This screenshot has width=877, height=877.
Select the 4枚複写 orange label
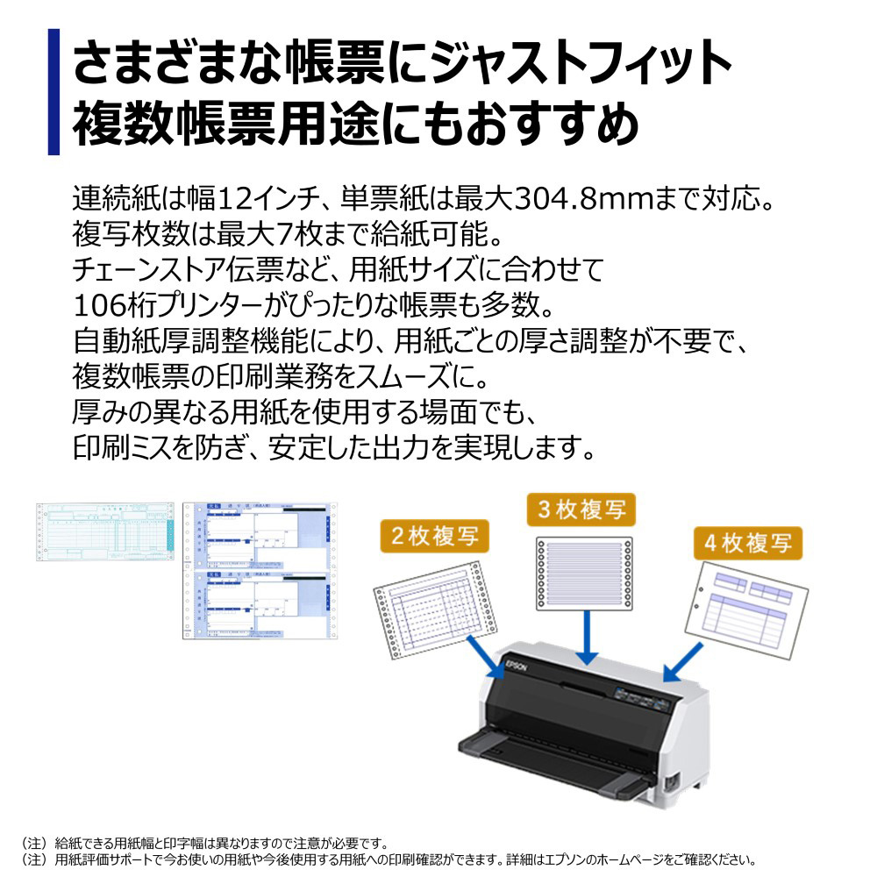[748, 543]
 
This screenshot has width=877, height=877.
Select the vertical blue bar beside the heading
[53, 91]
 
